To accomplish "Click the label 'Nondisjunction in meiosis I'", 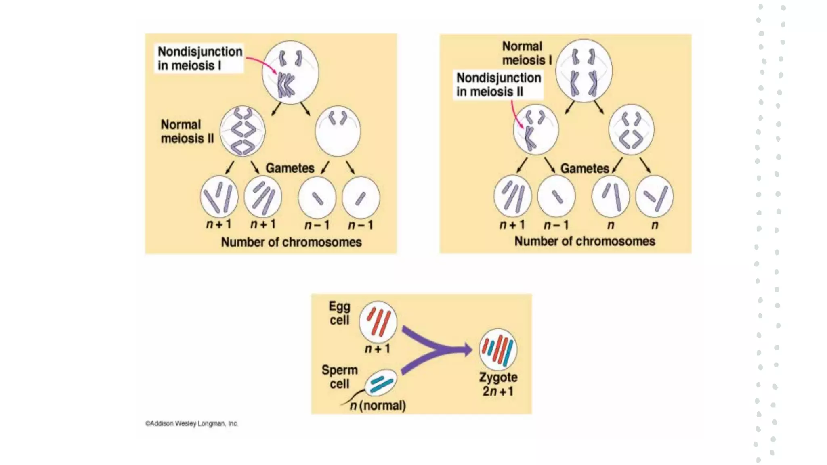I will click(x=199, y=59).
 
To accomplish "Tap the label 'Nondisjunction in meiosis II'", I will click(x=498, y=85).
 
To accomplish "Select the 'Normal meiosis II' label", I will click(x=187, y=132).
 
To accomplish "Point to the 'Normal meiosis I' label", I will click(x=526, y=53).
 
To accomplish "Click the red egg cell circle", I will click(x=378, y=322).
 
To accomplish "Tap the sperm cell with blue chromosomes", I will click(x=381, y=382).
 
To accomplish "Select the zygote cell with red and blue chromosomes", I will click(x=498, y=349).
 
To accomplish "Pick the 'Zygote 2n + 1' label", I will click(x=498, y=384).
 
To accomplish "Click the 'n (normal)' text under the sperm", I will click(x=378, y=405).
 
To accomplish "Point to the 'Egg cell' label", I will click(x=339, y=313).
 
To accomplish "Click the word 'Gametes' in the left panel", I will click(x=290, y=168).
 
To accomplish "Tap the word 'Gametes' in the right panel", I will click(x=584, y=168).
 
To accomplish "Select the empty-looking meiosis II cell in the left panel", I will click(x=338, y=131).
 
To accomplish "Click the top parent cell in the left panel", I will click(x=290, y=72).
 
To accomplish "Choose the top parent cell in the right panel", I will click(x=584, y=71).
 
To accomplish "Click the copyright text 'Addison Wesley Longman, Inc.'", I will click(x=192, y=423).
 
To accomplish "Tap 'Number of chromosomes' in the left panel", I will click(x=291, y=242).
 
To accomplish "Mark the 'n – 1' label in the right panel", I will click(x=556, y=225).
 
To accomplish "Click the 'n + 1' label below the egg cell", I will click(x=378, y=348).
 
